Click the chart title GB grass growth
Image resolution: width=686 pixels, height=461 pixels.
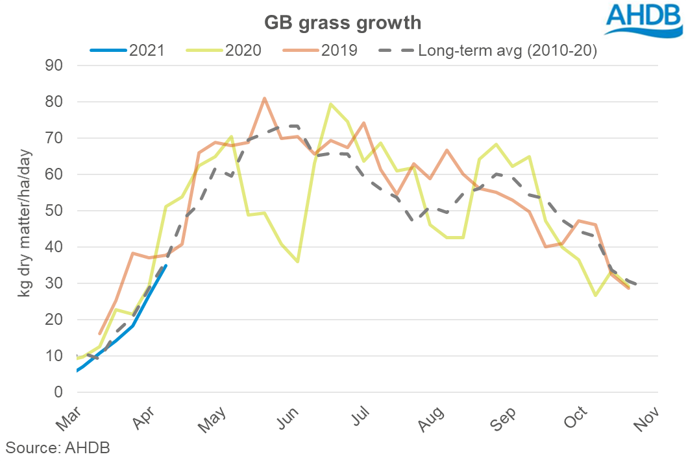(x=342, y=23)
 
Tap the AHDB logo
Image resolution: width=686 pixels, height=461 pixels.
(x=644, y=19)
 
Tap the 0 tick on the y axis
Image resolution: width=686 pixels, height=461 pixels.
(x=57, y=392)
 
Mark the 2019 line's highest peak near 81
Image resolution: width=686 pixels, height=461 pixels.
(x=265, y=99)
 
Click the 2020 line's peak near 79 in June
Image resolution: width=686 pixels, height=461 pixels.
(x=331, y=104)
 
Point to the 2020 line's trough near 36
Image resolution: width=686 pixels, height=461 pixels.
(x=298, y=261)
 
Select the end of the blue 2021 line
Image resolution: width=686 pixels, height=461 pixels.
(x=166, y=265)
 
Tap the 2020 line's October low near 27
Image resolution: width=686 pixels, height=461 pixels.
(x=595, y=295)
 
